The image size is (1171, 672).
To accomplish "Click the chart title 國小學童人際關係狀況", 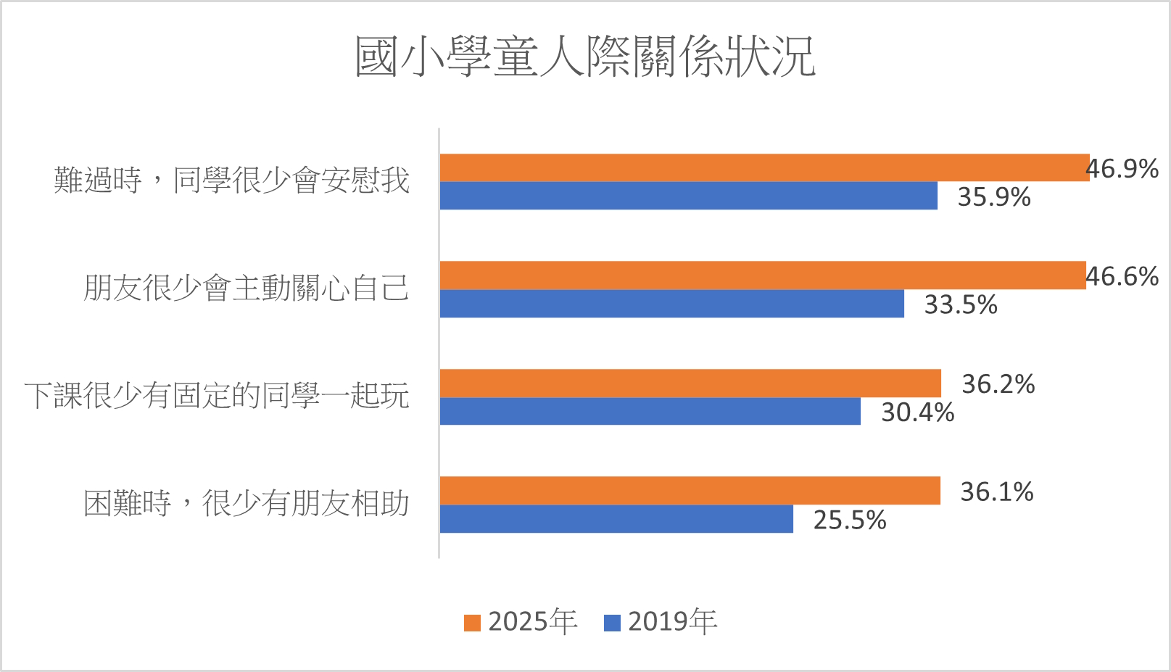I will (x=585, y=57).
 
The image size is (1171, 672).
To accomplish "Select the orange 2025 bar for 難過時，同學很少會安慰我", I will (x=764, y=167).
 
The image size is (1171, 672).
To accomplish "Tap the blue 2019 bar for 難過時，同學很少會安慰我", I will (x=688, y=196).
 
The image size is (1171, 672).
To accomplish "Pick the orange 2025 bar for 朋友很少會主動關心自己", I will (x=763, y=275).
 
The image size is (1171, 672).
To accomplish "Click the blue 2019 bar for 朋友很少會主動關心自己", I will (x=671, y=304).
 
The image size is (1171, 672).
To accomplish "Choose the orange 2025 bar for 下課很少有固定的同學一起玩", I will (x=690, y=383).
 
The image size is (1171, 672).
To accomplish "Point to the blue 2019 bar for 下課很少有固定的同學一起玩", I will (x=650, y=411).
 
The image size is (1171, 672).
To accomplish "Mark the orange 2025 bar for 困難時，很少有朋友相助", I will (x=690, y=491).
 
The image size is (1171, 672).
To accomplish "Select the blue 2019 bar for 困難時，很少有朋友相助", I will (x=616, y=519).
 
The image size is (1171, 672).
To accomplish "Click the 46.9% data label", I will (x=1122, y=169).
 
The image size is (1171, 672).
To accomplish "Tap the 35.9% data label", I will (x=994, y=197).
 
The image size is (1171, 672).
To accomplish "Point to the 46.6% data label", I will (x=1122, y=277).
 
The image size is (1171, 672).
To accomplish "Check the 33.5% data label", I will (x=961, y=305).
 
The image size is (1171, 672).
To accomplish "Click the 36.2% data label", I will (x=998, y=384).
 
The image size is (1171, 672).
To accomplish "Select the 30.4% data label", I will (x=918, y=412).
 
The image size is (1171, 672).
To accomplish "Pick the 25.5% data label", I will (x=850, y=520).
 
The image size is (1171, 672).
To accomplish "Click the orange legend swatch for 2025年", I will (x=473, y=623).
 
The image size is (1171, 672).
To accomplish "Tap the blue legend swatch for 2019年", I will (x=613, y=623).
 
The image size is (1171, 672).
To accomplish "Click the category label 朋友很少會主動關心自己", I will (x=247, y=289).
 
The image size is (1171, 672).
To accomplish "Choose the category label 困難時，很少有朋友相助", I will (x=247, y=504).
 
